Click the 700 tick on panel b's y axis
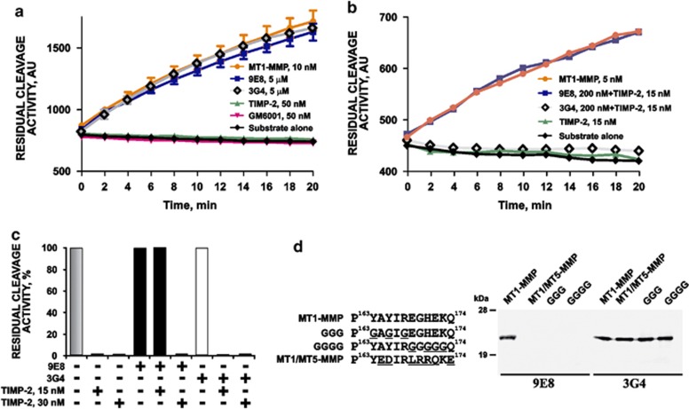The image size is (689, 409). [384, 17]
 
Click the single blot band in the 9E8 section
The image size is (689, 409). [509, 337]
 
